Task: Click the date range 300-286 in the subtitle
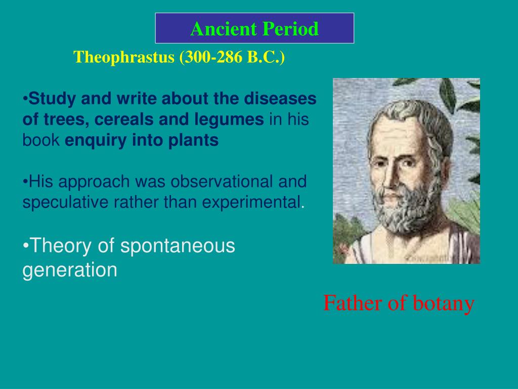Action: click(212, 57)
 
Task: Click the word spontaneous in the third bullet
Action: click(178, 246)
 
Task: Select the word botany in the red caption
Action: click(444, 303)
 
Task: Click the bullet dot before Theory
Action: click(25, 247)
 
